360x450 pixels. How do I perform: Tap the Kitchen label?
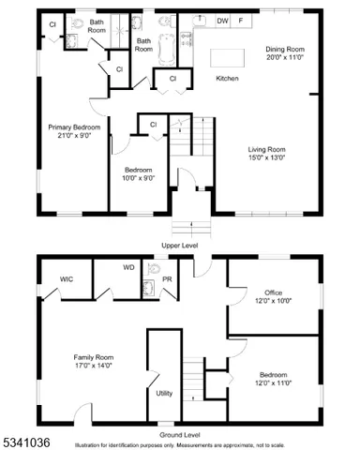(226, 79)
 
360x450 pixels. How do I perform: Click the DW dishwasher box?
(222, 20)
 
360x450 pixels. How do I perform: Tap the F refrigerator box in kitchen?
(242, 20)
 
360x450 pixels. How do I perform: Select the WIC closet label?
(67, 279)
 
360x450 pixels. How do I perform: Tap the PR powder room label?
(167, 279)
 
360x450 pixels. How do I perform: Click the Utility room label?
(164, 394)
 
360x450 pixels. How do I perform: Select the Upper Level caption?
(179, 245)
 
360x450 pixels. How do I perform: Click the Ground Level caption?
(179, 435)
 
